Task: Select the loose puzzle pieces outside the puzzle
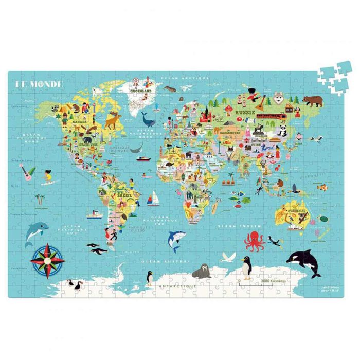click(x=334, y=74)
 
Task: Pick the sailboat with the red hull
click(x=154, y=197)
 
